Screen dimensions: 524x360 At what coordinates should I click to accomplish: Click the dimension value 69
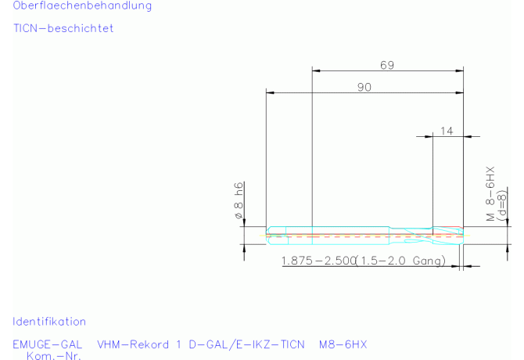point(387,65)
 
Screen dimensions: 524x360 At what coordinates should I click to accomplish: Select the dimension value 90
point(364,87)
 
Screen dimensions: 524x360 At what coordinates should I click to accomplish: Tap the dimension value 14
point(447,131)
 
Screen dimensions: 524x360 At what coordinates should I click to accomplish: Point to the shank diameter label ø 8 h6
point(239,200)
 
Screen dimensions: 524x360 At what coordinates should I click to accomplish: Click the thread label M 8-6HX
point(490,194)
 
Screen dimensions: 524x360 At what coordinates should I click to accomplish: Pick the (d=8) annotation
point(501,205)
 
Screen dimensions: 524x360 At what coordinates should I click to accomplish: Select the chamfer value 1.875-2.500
point(318,261)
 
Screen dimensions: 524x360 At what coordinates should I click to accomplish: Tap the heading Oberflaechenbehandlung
point(82,5)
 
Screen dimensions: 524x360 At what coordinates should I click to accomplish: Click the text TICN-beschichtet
point(63,28)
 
